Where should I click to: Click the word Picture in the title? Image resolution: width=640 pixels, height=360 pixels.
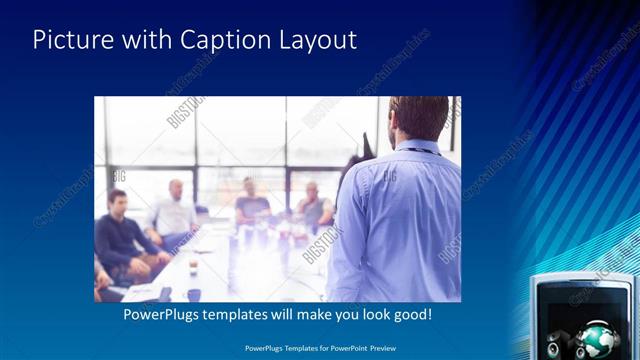pyautogui.click(x=69, y=40)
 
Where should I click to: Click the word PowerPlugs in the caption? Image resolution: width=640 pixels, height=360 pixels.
pyautogui.click(x=164, y=315)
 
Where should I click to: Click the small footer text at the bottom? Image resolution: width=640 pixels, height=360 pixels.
pyautogui.click(x=319, y=349)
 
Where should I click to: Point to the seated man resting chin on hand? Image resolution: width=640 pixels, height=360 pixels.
pyautogui.click(x=315, y=205)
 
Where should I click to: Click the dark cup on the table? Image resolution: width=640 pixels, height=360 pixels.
pyautogui.click(x=194, y=294)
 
